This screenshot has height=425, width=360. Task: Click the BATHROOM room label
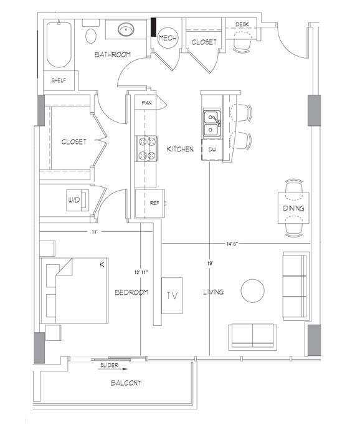pos(112,55)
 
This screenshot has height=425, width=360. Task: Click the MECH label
pos(167,39)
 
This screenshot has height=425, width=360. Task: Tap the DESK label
pos(243,25)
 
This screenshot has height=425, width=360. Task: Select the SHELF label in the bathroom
pos(59,80)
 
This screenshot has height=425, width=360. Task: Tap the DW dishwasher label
pos(212,150)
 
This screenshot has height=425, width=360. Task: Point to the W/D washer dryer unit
pos(75,201)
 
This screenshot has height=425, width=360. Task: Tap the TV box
pos(171,294)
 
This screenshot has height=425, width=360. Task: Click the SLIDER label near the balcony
pos(110,366)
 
